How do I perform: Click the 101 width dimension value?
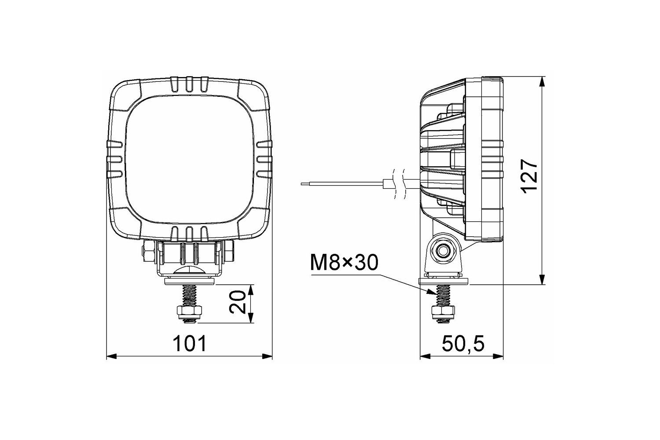pos(190,344)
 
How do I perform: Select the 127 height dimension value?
pos(529,176)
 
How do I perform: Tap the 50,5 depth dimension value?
pos(463,344)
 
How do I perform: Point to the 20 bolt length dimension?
pos(238,302)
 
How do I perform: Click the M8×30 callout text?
pos(344,263)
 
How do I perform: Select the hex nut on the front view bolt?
pos(189,311)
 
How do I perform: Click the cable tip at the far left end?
pos(302,184)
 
